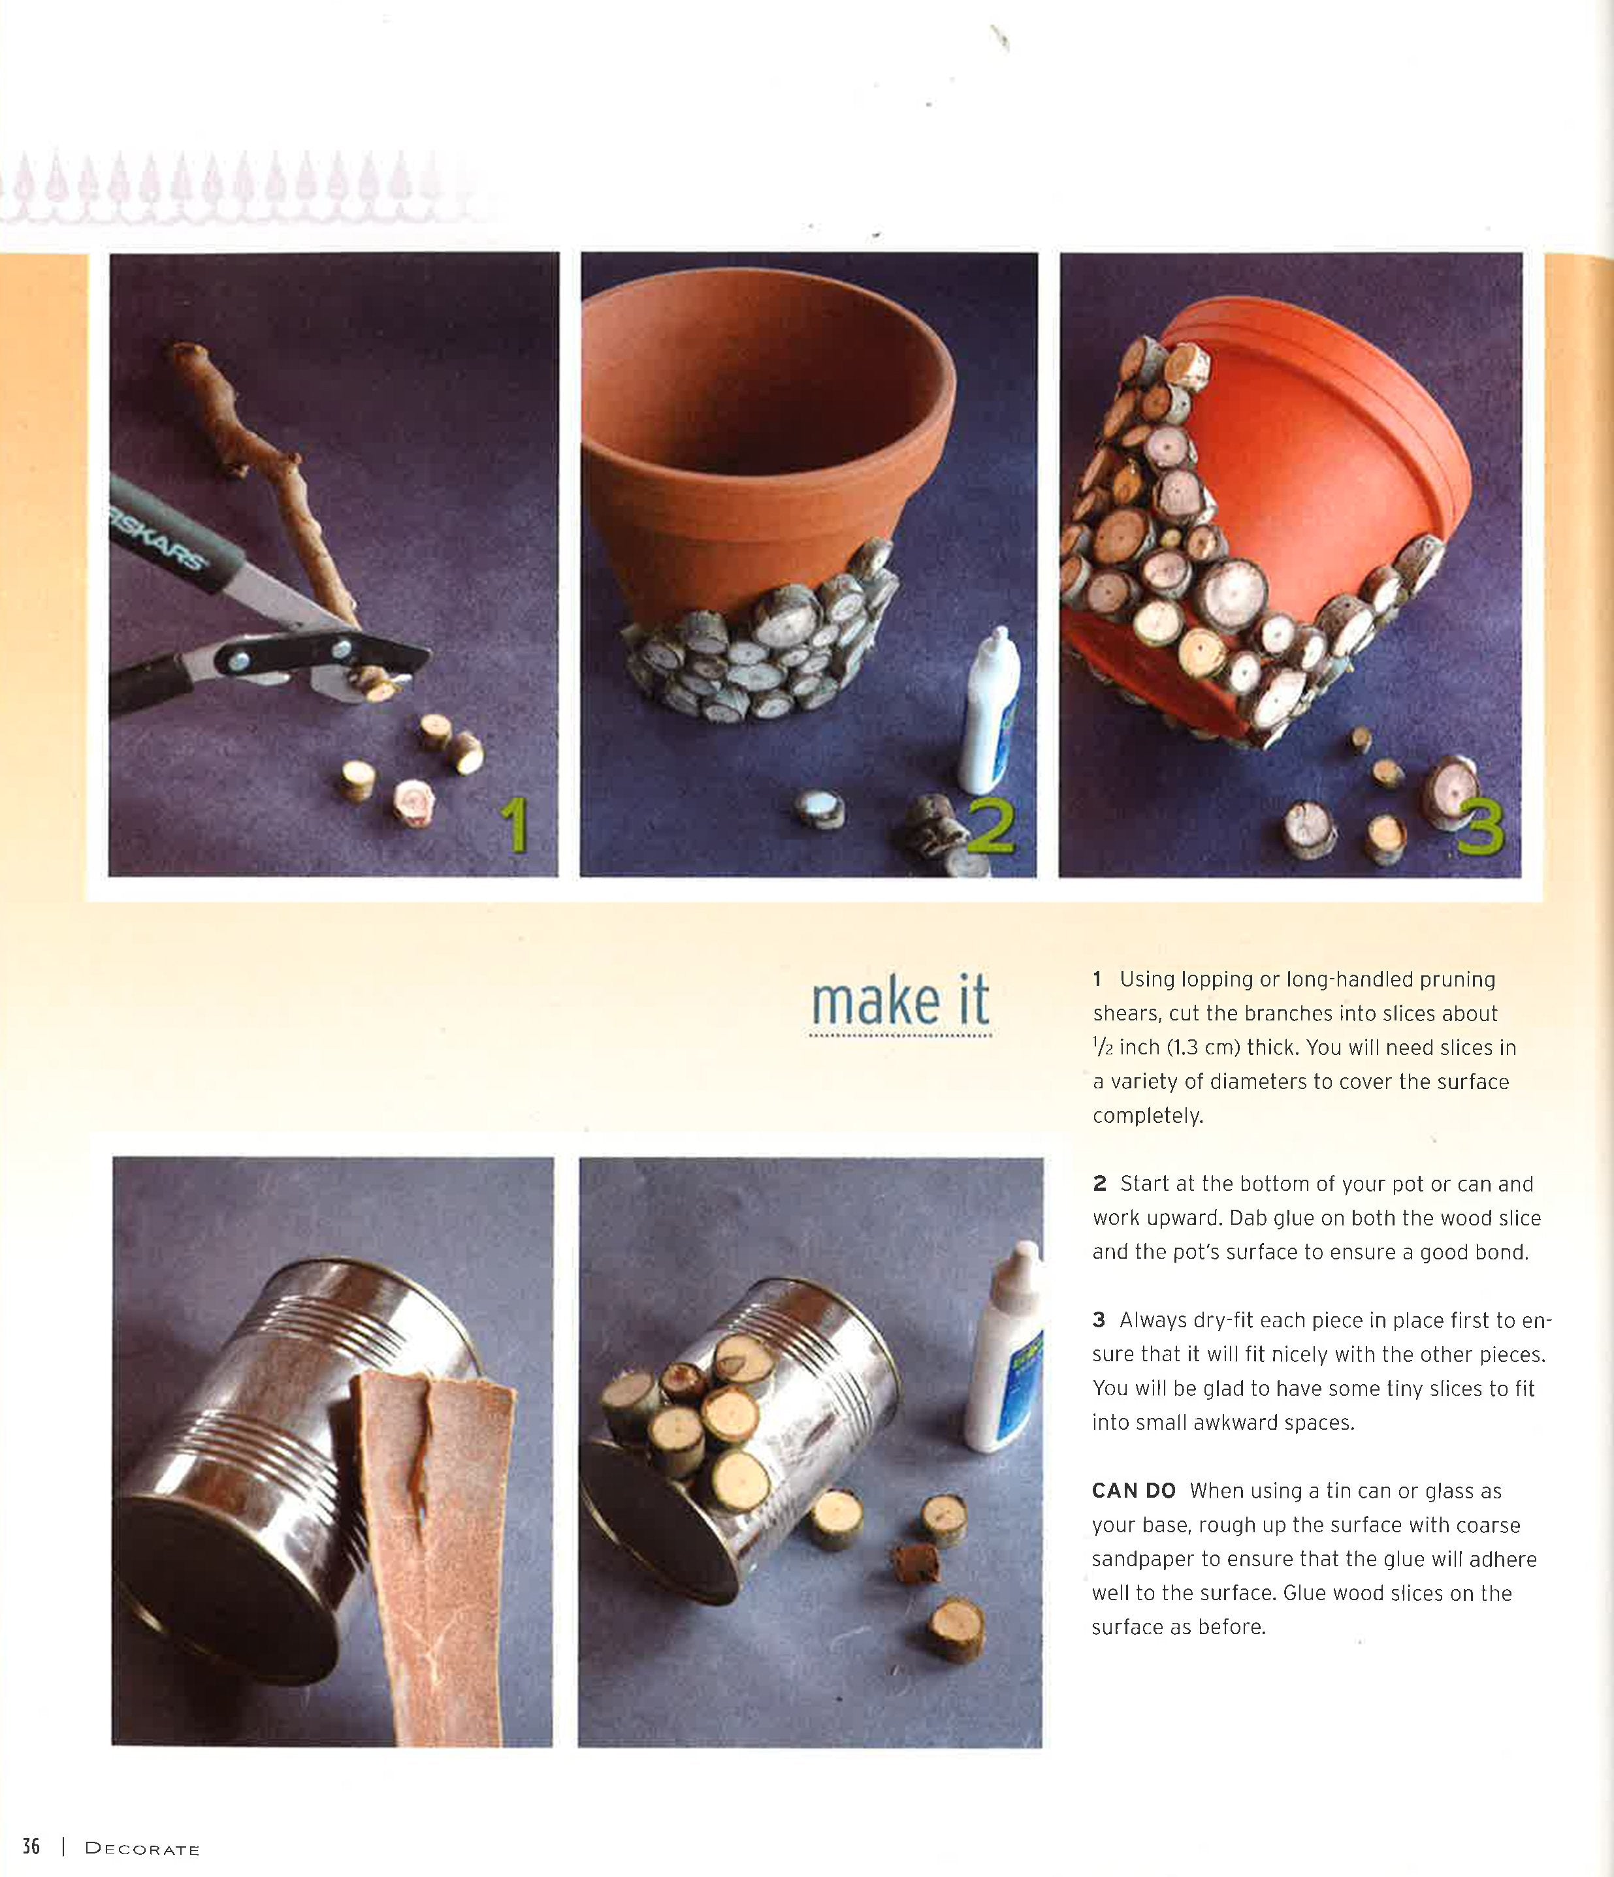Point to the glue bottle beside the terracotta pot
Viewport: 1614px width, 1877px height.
[x=990, y=712]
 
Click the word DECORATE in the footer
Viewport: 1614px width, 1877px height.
[x=142, y=1849]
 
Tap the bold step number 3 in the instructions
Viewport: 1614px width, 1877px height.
[x=1099, y=1320]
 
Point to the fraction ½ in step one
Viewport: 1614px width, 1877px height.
[x=1102, y=1048]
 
